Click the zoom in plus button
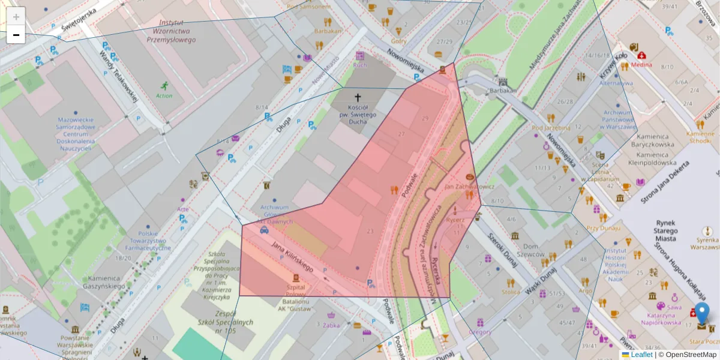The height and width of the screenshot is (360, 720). [x=16, y=17]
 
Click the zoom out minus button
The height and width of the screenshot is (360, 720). [x=16, y=35]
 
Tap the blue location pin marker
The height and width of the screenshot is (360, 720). [x=701, y=312]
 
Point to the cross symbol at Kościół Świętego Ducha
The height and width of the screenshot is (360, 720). [x=358, y=97]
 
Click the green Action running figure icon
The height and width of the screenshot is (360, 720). [x=164, y=86]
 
